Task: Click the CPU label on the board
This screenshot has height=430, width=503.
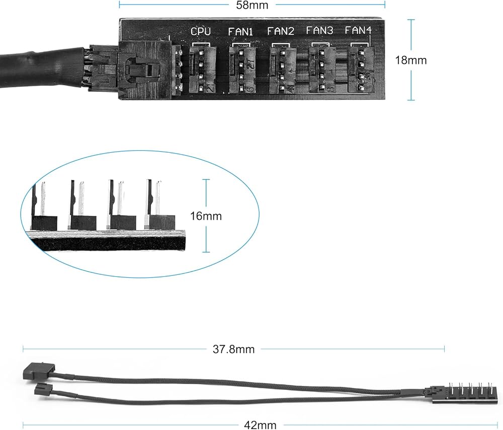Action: pos(200,32)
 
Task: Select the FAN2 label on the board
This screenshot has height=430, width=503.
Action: pos(281,31)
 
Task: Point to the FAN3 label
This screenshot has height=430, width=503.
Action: pos(319,31)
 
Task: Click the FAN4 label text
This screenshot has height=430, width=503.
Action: pos(358,31)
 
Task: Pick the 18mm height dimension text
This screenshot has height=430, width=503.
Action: pos(410,60)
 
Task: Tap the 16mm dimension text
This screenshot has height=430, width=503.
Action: pos(206,217)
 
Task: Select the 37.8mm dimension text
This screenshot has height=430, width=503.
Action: pos(234,349)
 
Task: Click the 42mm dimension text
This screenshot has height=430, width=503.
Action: pos(260,425)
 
